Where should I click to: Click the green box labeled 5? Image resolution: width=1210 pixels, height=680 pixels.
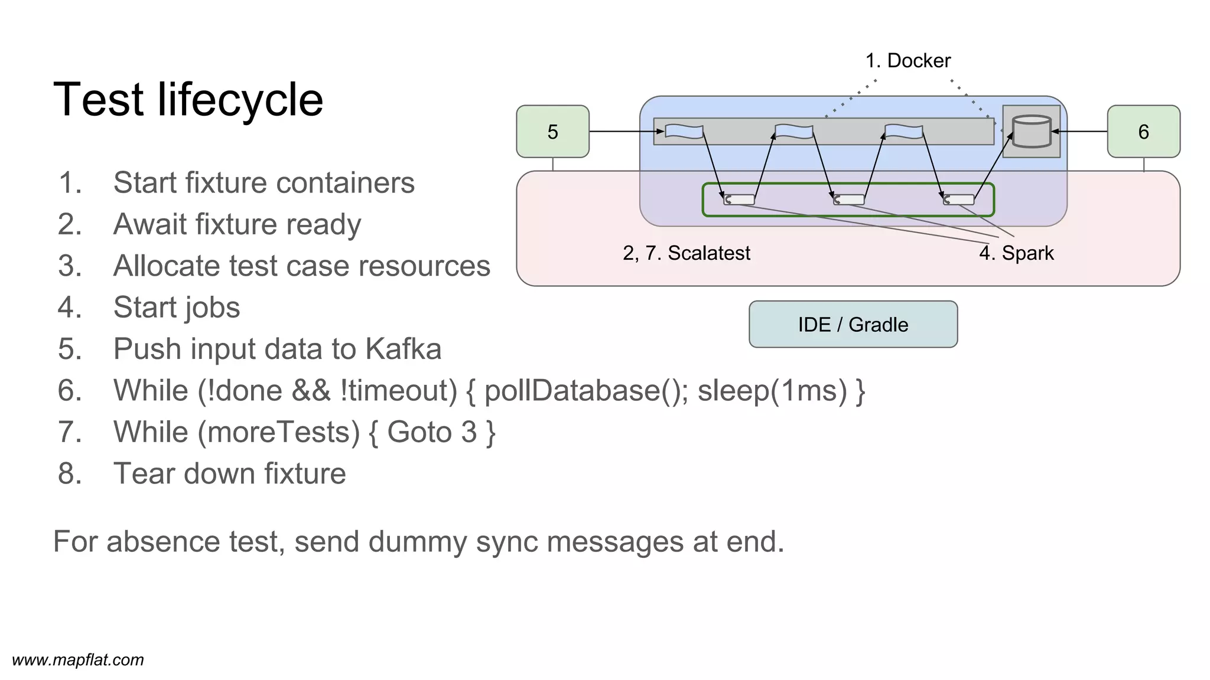(552, 131)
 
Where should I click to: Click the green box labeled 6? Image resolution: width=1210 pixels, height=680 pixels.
(1143, 131)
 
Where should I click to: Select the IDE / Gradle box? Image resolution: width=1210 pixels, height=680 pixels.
(853, 324)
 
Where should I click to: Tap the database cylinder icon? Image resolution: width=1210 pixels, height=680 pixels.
(1031, 131)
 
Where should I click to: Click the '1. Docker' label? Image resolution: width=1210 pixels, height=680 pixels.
(907, 61)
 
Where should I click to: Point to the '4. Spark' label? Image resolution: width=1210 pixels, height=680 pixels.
(1016, 253)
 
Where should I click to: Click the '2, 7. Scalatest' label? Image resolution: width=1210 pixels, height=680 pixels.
(686, 253)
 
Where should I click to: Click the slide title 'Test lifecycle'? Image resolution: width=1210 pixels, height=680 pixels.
(188, 99)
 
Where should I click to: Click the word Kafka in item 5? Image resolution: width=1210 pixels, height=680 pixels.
(403, 348)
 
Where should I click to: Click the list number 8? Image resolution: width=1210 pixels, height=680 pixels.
(69, 473)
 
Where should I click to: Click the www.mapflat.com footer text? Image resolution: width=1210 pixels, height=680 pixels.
(77, 659)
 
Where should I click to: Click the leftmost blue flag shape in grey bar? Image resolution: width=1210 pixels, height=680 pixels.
(684, 131)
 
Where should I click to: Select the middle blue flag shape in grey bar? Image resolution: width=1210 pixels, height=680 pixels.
(793, 131)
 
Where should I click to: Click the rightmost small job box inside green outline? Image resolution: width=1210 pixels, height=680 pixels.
(958, 200)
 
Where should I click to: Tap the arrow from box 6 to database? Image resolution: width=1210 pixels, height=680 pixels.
(1080, 131)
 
